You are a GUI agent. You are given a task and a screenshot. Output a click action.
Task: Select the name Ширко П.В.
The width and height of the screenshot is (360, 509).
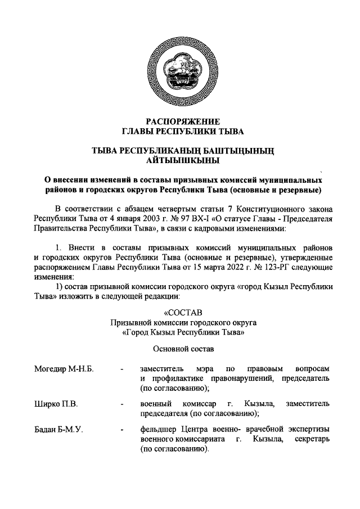[55, 404]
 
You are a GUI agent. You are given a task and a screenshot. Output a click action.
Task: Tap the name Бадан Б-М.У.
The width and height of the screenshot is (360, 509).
[58, 430]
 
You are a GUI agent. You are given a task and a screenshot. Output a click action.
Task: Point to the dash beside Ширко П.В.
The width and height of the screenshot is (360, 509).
[121, 404]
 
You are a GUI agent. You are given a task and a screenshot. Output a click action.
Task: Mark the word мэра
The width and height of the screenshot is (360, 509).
[201, 368]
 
